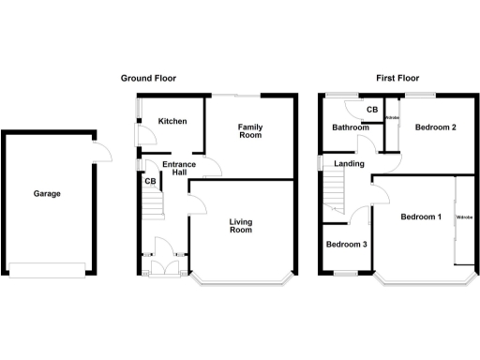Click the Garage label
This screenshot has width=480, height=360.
[47, 194]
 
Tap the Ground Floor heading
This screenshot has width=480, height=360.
[148, 79]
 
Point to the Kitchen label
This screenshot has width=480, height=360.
[172, 122]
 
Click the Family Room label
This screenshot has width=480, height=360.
[248, 131]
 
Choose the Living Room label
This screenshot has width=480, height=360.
[242, 226]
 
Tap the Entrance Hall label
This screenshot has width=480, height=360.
[178, 170]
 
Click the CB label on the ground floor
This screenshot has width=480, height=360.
[149, 182]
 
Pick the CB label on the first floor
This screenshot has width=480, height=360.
[371, 111]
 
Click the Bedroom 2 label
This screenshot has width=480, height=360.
[435, 128]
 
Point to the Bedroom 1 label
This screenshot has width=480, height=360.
[420, 217]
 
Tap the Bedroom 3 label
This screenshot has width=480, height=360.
[346, 245]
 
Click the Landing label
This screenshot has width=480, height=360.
[349, 165]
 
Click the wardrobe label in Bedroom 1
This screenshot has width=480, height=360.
[463, 217]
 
